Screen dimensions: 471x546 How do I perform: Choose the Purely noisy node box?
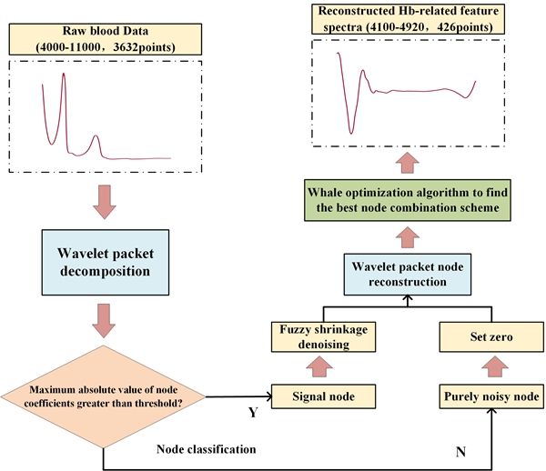point(491,397)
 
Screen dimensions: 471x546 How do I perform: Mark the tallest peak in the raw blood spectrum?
point(64,75)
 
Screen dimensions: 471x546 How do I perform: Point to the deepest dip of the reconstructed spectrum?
point(350,133)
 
